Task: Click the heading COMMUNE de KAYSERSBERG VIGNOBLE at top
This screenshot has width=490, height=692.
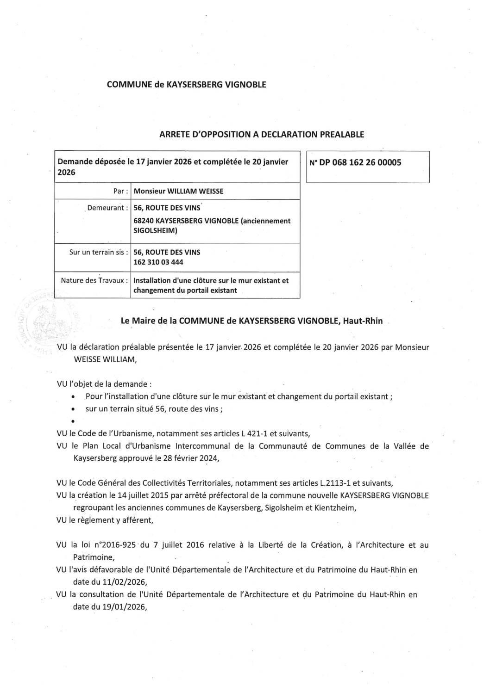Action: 186,85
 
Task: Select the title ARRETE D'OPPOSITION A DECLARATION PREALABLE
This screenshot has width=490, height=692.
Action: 262,135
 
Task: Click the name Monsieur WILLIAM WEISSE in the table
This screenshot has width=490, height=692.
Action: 178,191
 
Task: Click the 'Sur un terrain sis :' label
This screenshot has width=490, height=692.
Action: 98,252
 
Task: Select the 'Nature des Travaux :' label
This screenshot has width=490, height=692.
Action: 94,280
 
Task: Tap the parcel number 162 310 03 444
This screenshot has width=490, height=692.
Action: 158,262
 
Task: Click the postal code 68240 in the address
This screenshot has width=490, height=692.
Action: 144,221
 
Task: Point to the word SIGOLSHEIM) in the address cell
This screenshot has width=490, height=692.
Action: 155,230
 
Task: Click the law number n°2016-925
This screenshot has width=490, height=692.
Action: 115,545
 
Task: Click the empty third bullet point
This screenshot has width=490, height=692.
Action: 74,421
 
